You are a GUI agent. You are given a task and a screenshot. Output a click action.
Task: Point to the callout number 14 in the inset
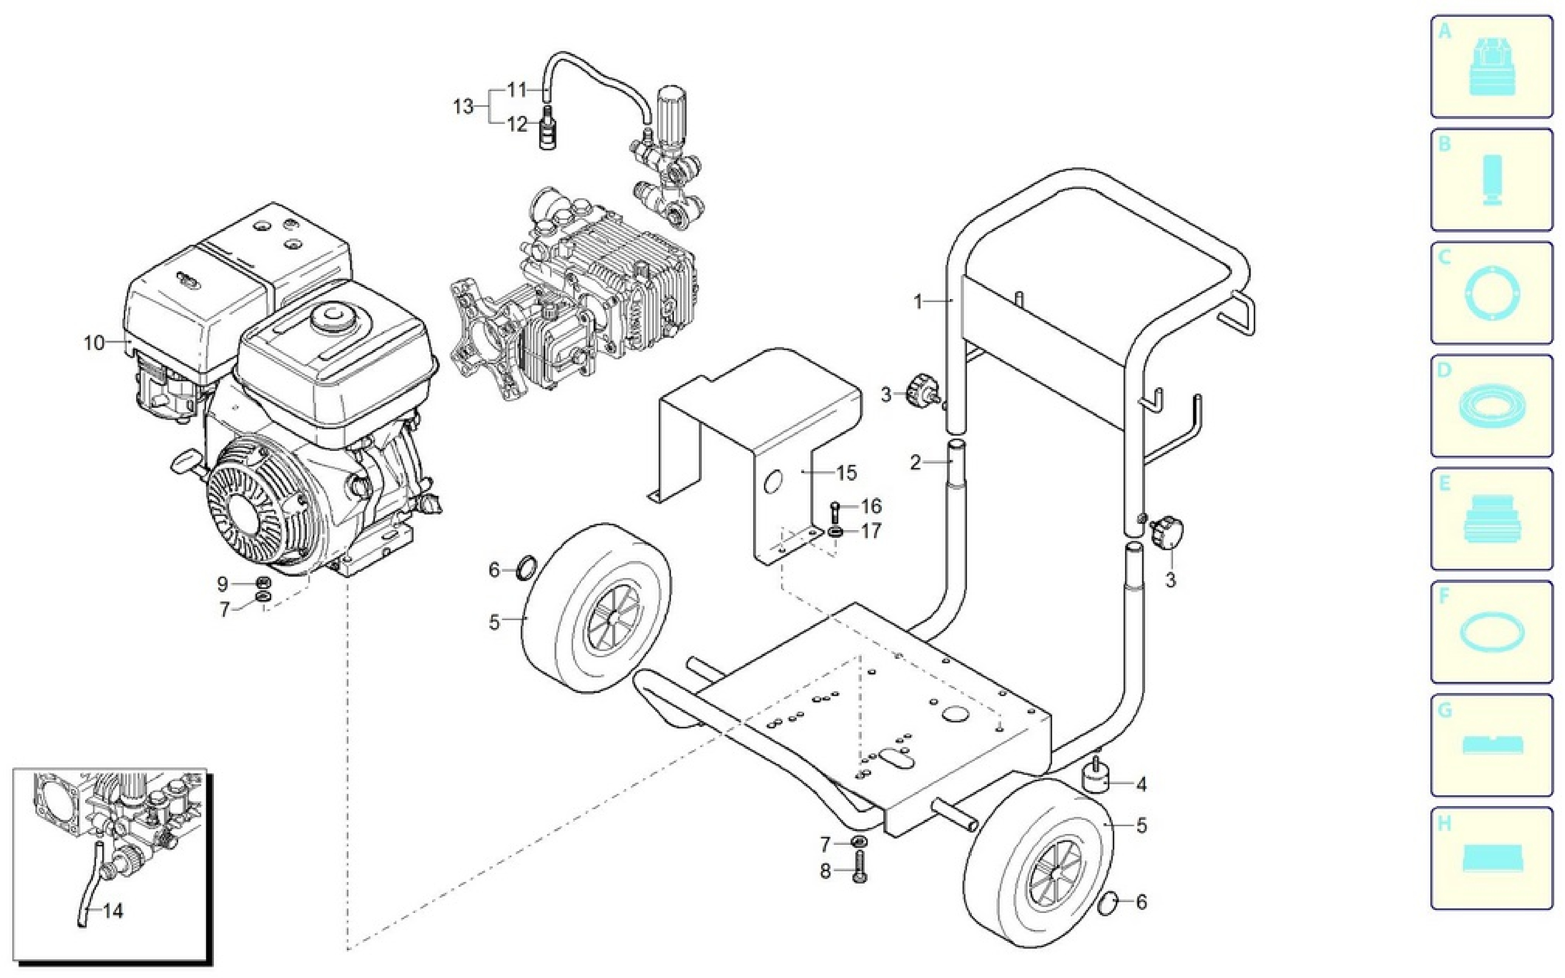(x=113, y=911)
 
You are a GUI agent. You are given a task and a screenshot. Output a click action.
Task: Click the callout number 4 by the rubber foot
(x=1141, y=785)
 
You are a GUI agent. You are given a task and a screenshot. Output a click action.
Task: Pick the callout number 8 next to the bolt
(x=825, y=872)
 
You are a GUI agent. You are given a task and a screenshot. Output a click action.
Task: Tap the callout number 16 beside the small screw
(x=871, y=506)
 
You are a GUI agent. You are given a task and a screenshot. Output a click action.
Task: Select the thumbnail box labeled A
(x=1491, y=67)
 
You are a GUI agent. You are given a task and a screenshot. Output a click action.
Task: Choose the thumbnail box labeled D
(x=1491, y=405)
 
